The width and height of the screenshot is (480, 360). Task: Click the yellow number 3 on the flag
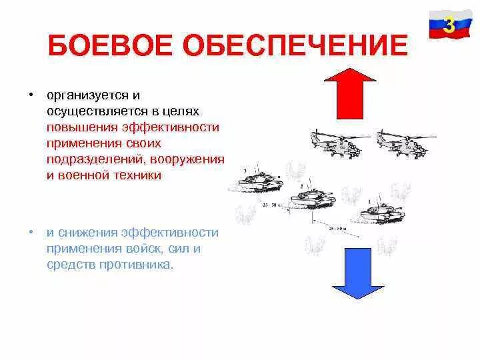pyautogui.click(x=449, y=25)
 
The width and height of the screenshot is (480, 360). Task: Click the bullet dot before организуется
pyautogui.click(x=31, y=94)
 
